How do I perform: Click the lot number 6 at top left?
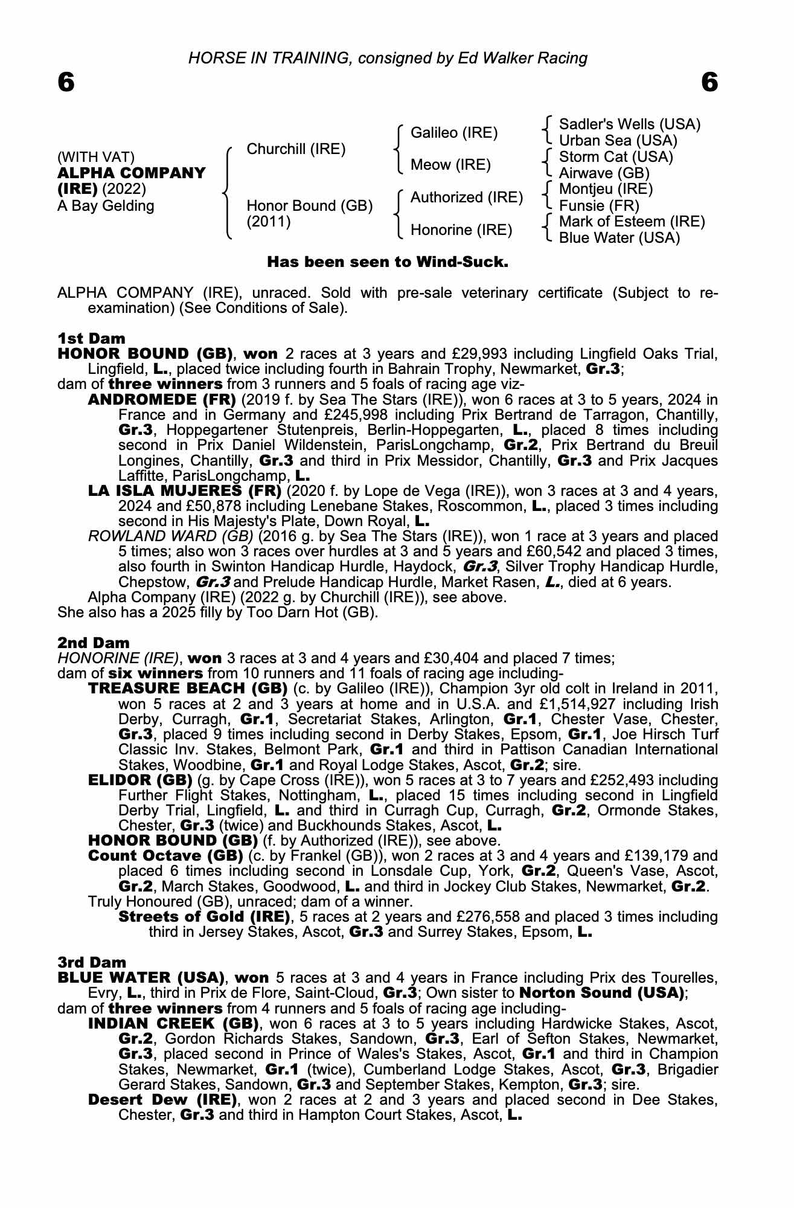click(x=66, y=82)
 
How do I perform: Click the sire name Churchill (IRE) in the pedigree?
click(x=296, y=149)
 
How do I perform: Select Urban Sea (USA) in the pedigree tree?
click(x=618, y=141)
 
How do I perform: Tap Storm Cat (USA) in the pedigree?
click(x=616, y=157)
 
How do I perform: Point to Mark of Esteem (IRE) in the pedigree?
click(x=632, y=222)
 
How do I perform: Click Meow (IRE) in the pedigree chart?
click(x=450, y=165)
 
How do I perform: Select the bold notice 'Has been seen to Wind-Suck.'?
click(x=388, y=262)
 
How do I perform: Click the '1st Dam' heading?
click(x=91, y=338)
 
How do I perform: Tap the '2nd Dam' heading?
click(x=93, y=643)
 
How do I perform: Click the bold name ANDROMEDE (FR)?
click(x=162, y=400)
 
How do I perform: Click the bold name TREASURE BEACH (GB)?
click(x=187, y=689)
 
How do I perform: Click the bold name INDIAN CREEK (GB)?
click(x=173, y=1024)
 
